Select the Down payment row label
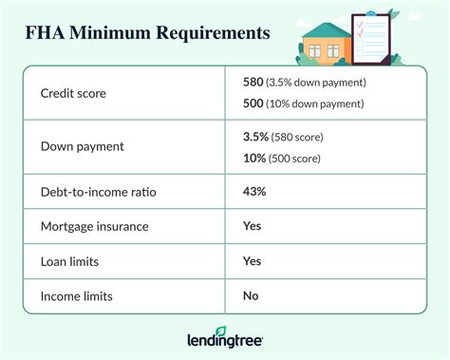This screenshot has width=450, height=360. pyautogui.click(x=83, y=147)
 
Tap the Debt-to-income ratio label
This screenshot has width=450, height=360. pyautogui.click(x=99, y=192)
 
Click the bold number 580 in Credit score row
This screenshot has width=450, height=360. pyautogui.click(x=254, y=83)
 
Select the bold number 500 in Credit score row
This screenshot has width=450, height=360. pyautogui.click(x=254, y=103)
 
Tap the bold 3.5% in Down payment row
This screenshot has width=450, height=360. pyautogui.click(x=256, y=137)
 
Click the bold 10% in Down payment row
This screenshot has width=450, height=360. pyautogui.click(x=254, y=157)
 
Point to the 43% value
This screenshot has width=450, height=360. pyautogui.click(x=254, y=192)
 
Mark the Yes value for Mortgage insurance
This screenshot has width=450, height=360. pyautogui.click(x=253, y=227)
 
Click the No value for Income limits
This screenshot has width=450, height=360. pyautogui.click(x=251, y=296)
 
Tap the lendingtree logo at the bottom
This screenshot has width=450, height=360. pyautogui.click(x=224, y=338)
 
